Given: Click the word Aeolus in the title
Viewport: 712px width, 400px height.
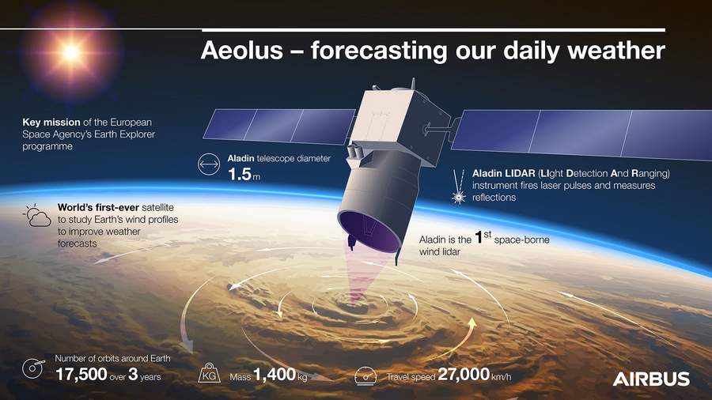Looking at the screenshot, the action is (x=241, y=50).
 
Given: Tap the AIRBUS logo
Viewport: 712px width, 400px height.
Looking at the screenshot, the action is (x=651, y=379).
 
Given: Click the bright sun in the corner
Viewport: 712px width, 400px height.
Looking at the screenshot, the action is (x=71, y=53).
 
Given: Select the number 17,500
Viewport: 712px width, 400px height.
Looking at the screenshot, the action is (x=81, y=374).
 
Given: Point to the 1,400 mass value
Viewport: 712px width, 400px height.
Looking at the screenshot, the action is (x=275, y=375).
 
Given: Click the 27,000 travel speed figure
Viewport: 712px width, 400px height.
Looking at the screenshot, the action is (x=464, y=374).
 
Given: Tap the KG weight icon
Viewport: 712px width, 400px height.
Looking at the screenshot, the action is (x=210, y=373).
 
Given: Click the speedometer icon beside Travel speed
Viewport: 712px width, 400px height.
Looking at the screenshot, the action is (x=365, y=376).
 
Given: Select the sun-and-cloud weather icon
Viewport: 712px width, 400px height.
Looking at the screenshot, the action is (x=37, y=216).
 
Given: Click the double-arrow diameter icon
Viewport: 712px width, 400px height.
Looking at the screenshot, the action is (x=209, y=164).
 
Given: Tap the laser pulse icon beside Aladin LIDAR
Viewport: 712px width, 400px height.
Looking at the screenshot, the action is (x=459, y=187).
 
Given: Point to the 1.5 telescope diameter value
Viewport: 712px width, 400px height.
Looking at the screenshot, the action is (x=239, y=174).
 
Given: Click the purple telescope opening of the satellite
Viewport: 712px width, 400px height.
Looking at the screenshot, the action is (x=369, y=232).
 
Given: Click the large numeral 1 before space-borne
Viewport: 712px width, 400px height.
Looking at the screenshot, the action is (x=478, y=237).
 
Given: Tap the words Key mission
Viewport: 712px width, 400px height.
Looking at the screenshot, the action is (x=51, y=122).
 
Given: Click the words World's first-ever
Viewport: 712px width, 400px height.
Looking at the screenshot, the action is (x=98, y=207).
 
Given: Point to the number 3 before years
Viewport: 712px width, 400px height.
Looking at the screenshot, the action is (x=133, y=374).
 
